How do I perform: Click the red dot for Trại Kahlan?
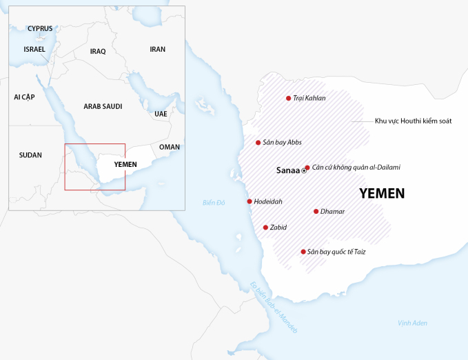(x=288, y=99)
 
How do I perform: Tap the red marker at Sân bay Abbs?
(x=258, y=143)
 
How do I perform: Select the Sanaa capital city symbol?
(x=304, y=170)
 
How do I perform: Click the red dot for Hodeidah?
(x=249, y=201)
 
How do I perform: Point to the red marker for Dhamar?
(x=316, y=212)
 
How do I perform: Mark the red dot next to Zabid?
(x=265, y=227)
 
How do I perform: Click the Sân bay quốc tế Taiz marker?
(x=303, y=252)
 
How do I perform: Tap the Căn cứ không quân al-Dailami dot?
(x=307, y=167)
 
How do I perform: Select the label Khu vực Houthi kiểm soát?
(x=413, y=121)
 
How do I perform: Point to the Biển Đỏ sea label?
(x=214, y=203)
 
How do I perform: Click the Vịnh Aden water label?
(x=413, y=323)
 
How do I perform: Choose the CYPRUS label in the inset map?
(x=40, y=29)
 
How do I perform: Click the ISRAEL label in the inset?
(x=34, y=50)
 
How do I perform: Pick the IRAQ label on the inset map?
(x=98, y=52)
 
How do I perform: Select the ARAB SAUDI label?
(x=103, y=106)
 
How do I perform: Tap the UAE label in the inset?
(x=161, y=114)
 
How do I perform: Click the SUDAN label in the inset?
(x=30, y=155)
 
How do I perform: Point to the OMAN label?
(x=169, y=147)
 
